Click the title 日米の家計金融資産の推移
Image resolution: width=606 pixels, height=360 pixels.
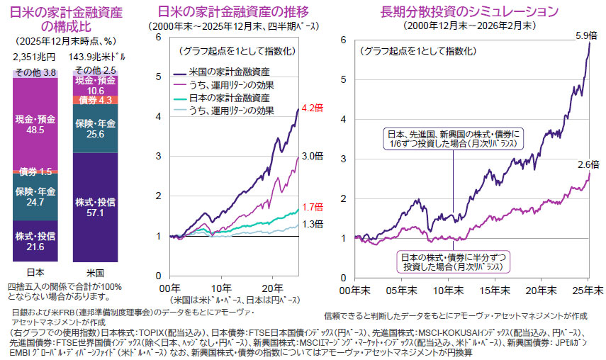235,12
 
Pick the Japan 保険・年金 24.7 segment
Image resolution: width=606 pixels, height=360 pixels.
35,196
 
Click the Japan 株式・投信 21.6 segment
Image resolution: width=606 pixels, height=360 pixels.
35,240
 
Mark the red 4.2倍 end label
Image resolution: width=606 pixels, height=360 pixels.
313,108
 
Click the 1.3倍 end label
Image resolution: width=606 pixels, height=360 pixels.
313,224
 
